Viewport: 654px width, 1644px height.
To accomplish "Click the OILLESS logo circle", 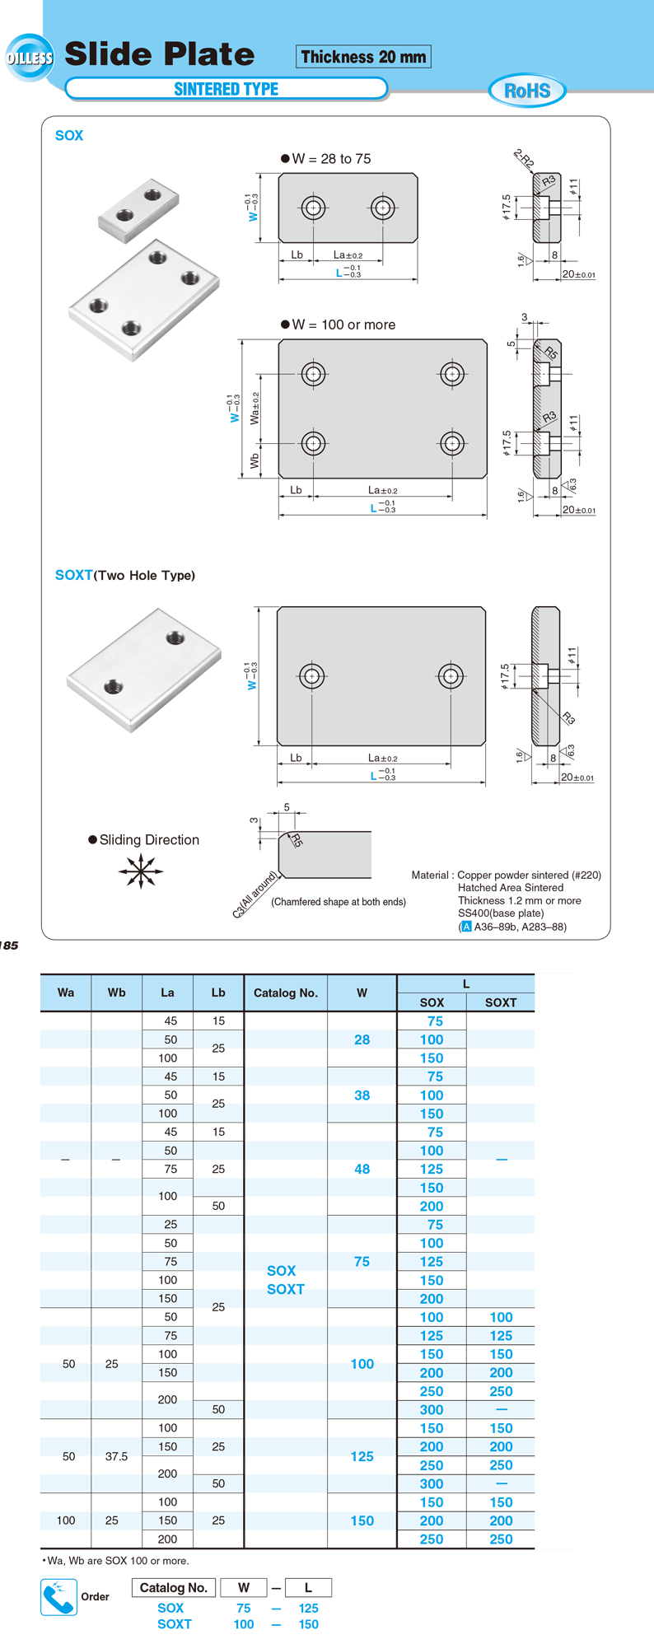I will click(x=30, y=58).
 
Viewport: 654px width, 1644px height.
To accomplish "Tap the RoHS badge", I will click(x=527, y=91).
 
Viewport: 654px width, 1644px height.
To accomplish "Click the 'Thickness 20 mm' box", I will click(x=363, y=57).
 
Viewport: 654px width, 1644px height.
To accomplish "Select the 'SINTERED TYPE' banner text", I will click(x=227, y=89).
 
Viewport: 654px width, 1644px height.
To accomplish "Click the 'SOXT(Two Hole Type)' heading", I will click(x=125, y=575).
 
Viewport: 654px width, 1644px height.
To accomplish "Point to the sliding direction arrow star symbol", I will click(x=141, y=871).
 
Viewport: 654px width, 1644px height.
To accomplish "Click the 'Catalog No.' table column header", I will click(x=285, y=992).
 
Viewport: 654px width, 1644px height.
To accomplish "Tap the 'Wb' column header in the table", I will click(x=117, y=992).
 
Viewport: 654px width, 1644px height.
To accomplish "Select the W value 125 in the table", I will click(x=362, y=1456).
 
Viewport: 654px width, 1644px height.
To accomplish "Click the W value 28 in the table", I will click(x=362, y=1039).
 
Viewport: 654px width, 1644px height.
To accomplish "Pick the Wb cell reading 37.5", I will click(x=117, y=1456).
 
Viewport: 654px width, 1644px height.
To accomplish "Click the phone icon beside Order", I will click(x=58, y=1597).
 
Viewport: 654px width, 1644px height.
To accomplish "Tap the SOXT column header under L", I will click(x=501, y=1002).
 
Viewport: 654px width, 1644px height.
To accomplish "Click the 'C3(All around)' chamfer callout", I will click(x=255, y=894).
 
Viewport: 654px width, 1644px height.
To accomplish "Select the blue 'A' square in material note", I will click(x=466, y=927).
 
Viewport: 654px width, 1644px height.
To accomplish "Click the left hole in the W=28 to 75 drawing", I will click(x=313, y=208).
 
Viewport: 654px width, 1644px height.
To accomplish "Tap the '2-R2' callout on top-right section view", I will click(x=524, y=158).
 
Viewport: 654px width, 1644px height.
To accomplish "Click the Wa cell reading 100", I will click(x=66, y=1520).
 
